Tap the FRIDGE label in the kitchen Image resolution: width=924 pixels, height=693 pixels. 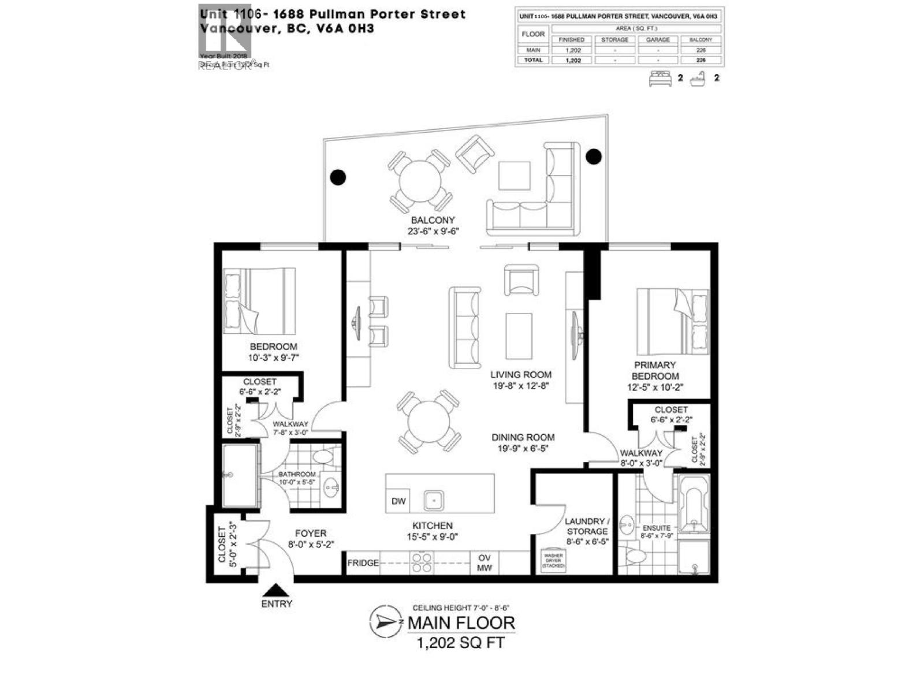(x=363, y=562)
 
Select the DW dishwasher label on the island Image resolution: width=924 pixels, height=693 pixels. (x=398, y=501)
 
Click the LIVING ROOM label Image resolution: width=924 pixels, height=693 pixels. (x=521, y=374)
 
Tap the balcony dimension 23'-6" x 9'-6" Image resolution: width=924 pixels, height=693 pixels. (x=433, y=231)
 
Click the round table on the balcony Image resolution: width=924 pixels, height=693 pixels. (x=420, y=181)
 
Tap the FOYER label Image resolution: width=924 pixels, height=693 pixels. (x=311, y=534)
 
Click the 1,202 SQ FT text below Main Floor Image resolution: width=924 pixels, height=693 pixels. (x=460, y=642)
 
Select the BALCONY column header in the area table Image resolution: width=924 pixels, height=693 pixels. (x=701, y=40)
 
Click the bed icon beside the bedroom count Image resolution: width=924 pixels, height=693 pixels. (x=660, y=78)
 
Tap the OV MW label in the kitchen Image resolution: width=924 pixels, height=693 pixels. (x=484, y=563)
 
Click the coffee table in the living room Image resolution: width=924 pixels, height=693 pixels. (x=519, y=336)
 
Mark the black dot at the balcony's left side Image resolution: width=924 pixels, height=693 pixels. (x=338, y=177)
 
